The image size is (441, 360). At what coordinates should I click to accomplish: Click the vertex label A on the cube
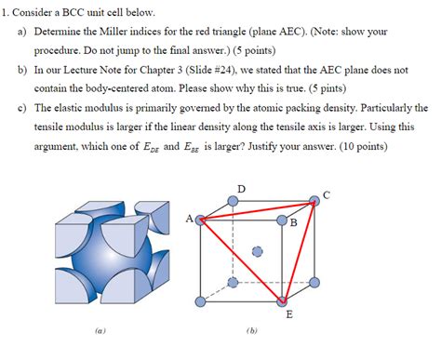[x=190, y=220]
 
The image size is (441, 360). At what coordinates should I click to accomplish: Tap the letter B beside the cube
[x=293, y=223]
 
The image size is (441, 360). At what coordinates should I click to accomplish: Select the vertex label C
[x=325, y=194]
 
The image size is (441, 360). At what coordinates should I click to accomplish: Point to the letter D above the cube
[x=242, y=189]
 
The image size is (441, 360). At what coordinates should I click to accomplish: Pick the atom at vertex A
[x=200, y=220]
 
